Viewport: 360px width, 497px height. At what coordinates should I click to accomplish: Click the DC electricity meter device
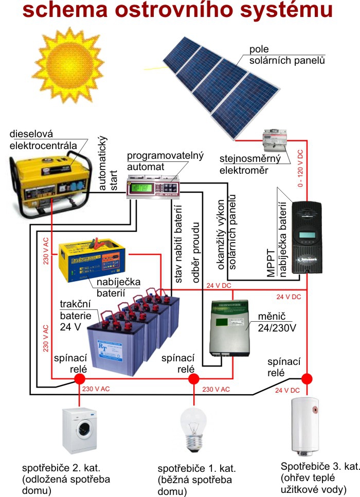tap(275, 140)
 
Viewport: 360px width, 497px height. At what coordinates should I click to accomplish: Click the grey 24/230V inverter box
tap(229, 328)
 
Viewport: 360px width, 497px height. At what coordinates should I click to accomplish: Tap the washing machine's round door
tap(84, 429)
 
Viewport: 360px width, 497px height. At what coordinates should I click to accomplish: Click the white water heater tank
tap(305, 426)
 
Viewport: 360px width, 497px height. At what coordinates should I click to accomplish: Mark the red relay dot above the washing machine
tap(79, 378)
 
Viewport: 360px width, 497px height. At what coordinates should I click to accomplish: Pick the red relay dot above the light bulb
tap(193, 378)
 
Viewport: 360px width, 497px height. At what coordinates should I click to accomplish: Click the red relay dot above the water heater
tap(307, 378)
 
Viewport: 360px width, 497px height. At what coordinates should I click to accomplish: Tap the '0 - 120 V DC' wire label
tap(300, 168)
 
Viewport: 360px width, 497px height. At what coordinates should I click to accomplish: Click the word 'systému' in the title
tap(286, 10)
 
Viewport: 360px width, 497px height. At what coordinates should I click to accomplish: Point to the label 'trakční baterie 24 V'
tap(76, 316)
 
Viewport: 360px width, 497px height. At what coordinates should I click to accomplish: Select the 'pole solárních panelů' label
tap(287, 55)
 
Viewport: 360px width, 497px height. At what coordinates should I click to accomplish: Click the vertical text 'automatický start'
tap(107, 163)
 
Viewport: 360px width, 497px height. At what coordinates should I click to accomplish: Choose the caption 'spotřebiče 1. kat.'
tap(196, 468)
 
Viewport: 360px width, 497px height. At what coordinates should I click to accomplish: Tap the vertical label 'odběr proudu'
tap(196, 252)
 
